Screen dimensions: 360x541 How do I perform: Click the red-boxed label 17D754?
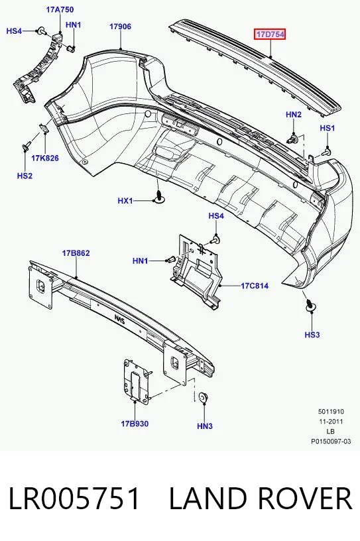(x=270, y=34)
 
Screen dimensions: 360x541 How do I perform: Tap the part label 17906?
(x=120, y=27)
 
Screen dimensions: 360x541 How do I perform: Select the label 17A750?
(x=60, y=9)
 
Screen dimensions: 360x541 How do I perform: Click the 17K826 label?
(x=45, y=158)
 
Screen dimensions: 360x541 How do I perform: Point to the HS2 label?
(x=25, y=176)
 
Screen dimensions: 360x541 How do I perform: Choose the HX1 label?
(x=125, y=200)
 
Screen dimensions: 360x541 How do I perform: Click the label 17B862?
(x=76, y=253)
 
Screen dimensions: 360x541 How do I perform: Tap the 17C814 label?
(x=255, y=286)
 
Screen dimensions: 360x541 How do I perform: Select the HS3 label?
(x=312, y=334)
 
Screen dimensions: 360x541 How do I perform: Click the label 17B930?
(x=135, y=424)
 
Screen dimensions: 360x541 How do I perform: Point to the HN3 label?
(x=205, y=426)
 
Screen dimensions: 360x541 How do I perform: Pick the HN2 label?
(x=294, y=115)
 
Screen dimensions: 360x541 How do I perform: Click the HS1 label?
(x=328, y=128)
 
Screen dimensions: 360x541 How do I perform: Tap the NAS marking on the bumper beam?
(x=121, y=318)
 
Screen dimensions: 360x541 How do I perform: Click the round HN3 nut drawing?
(x=204, y=398)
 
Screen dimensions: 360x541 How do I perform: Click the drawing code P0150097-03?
(x=331, y=441)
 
